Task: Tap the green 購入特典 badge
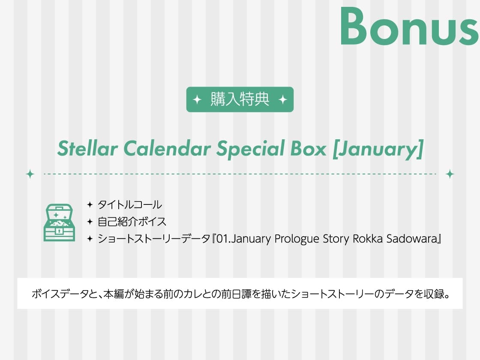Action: (240, 99)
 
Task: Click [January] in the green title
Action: (378, 149)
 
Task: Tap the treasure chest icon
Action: (59, 222)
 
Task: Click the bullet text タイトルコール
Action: (130, 204)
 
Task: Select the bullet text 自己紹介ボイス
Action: (132, 222)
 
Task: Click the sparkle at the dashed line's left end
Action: (30, 174)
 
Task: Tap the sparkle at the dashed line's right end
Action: (450, 174)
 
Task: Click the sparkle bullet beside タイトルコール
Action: (90, 204)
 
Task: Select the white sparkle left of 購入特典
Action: (197, 100)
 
